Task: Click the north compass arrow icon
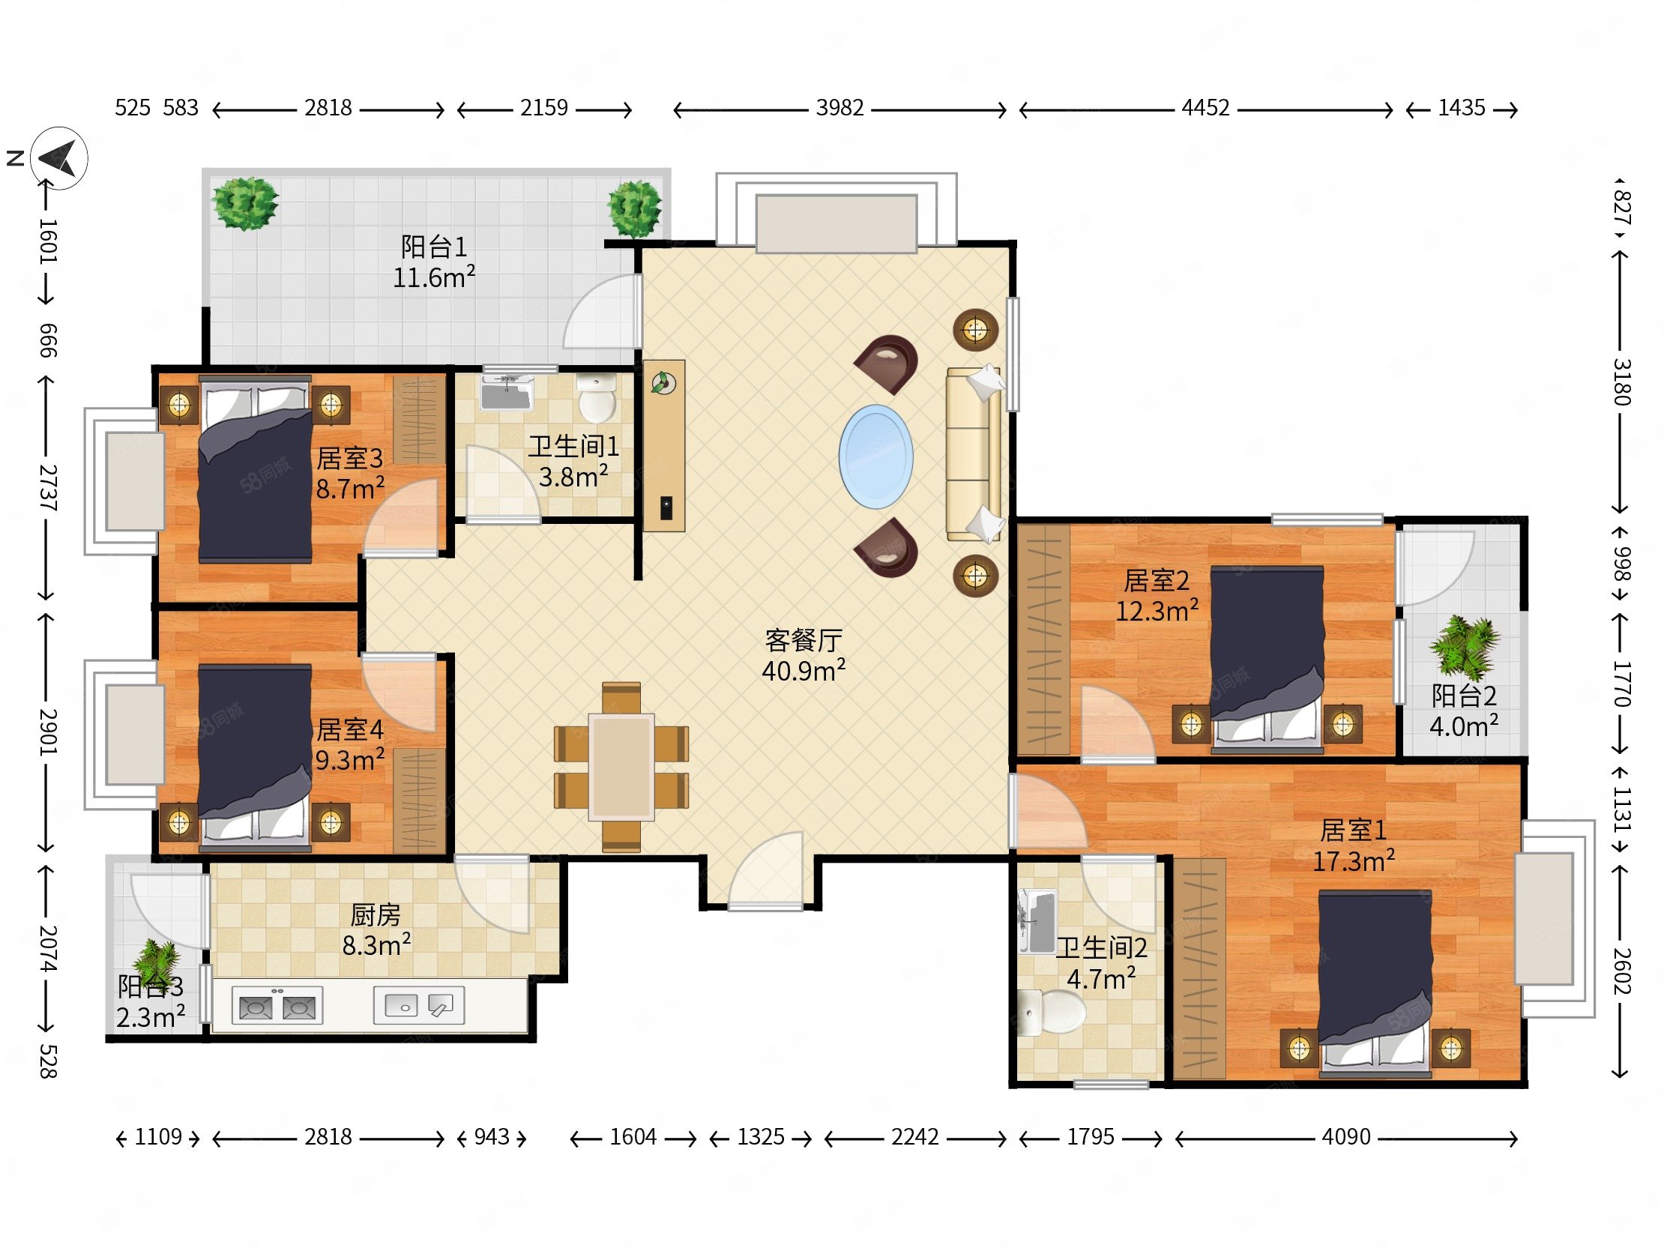click(x=59, y=158)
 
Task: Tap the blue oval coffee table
click(x=876, y=456)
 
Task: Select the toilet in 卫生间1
click(x=597, y=398)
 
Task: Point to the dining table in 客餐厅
click(x=621, y=767)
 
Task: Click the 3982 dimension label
click(x=840, y=109)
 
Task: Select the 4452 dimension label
click(x=1205, y=109)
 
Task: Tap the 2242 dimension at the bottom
click(x=914, y=1136)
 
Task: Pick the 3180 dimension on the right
click(x=1621, y=382)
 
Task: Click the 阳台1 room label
click(x=434, y=247)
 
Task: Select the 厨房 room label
click(x=376, y=914)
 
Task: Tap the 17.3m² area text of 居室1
click(x=1354, y=860)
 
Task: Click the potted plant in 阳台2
click(x=1464, y=646)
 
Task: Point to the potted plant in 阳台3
click(x=157, y=964)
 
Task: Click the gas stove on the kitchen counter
click(x=277, y=1006)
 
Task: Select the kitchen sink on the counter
click(x=419, y=1006)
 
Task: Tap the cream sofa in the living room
click(x=974, y=453)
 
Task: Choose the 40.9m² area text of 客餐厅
click(x=804, y=670)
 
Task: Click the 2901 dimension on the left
click(x=47, y=732)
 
